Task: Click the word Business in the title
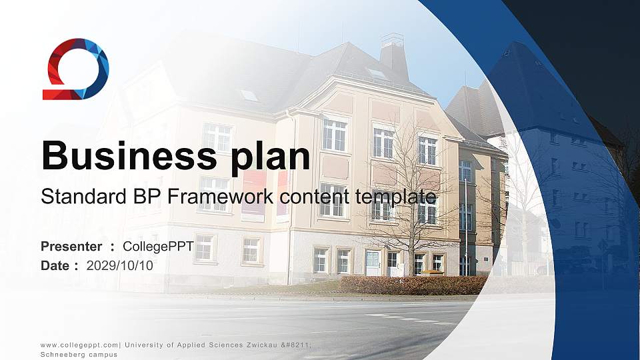coord(129,155)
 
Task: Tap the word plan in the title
coord(270,159)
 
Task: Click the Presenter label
coord(71,247)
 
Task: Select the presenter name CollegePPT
coord(159,247)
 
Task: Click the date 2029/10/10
coord(119,266)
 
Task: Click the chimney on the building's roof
coord(393,55)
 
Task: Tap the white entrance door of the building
coord(373,263)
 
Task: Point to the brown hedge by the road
coord(413,285)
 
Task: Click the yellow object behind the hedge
coord(431,273)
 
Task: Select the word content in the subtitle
coord(315,197)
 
